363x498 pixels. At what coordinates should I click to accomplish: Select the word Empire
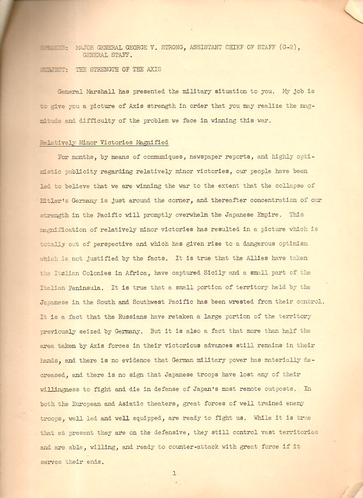point(266,214)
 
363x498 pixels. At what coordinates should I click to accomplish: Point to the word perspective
point(112,243)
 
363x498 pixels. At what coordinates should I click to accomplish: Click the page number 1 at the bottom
point(174,473)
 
